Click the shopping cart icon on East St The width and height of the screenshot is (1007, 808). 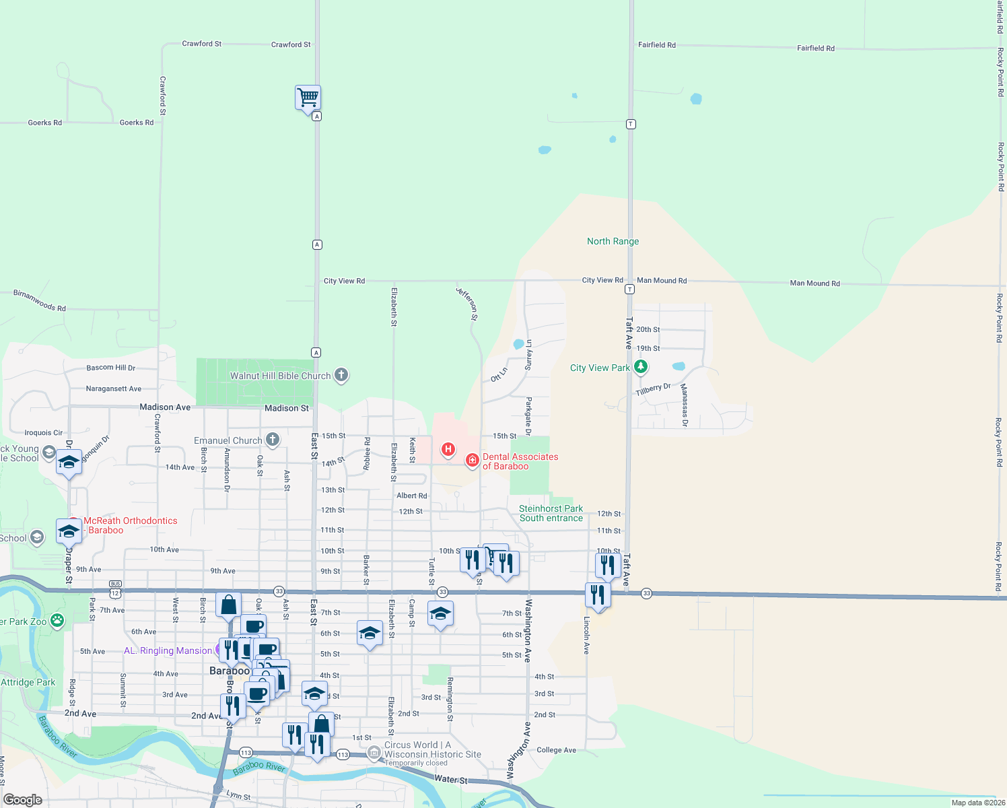(x=308, y=97)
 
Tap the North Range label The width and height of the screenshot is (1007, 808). (x=613, y=241)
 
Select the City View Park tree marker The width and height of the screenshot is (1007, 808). (x=641, y=367)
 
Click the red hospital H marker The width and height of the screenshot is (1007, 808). (x=448, y=449)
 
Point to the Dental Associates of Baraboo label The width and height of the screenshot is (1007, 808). (x=520, y=461)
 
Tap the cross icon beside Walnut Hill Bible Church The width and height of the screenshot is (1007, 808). (x=341, y=375)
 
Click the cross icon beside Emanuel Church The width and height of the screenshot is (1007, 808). (x=273, y=440)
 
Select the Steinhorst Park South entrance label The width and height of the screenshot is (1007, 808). (x=551, y=513)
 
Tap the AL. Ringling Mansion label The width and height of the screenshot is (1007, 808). (x=168, y=650)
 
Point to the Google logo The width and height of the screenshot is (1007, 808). (x=23, y=799)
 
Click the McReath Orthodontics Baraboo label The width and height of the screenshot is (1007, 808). (x=130, y=525)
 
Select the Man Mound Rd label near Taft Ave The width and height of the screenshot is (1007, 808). (x=662, y=280)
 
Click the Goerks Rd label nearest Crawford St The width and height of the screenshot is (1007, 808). (x=136, y=123)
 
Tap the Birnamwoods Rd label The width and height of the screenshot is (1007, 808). (x=40, y=300)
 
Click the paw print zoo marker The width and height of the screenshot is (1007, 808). (x=57, y=620)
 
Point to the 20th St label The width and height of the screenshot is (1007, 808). (x=648, y=329)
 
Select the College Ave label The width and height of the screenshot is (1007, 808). (x=556, y=750)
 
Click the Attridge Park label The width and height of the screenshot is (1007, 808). (x=28, y=682)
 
